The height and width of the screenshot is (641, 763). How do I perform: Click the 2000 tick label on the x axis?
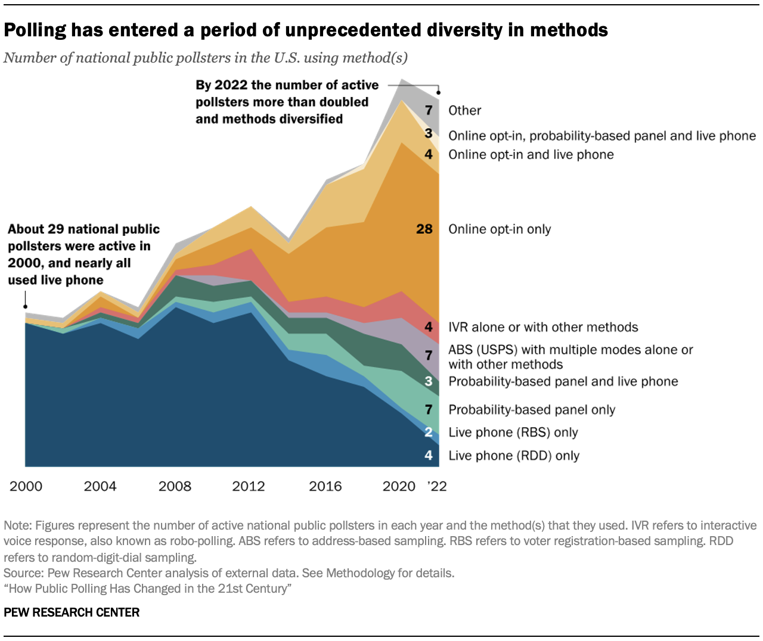click(x=26, y=486)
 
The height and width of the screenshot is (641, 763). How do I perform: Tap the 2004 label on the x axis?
click(x=100, y=486)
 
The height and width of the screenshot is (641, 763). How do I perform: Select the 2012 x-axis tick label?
click(x=249, y=486)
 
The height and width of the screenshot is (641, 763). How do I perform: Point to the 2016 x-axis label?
click(x=325, y=486)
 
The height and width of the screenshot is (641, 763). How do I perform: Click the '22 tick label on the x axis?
click(x=437, y=486)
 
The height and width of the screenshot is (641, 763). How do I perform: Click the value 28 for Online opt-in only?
click(x=424, y=229)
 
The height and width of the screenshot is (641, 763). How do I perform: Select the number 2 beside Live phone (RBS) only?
click(x=429, y=432)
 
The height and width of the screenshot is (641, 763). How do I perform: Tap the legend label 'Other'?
click(x=465, y=111)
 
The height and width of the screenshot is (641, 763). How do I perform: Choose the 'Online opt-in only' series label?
click(x=500, y=229)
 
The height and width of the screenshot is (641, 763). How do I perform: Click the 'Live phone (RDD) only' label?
click(x=514, y=456)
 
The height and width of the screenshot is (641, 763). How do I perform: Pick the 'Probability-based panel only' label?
click(x=532, y=410)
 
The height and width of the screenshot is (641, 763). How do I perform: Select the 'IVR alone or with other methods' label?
click(x=543, y=327)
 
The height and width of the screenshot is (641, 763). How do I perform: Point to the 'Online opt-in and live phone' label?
click(x=531, y=155)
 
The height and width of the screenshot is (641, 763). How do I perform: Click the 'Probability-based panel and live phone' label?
click(x=563, y=381)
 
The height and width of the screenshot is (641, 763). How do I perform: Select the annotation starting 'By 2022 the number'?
click(x=287, y=102)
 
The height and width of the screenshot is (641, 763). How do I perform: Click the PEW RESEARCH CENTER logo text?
click(x=72, y=612)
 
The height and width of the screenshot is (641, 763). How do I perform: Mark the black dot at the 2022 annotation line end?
click(x=439, y=92)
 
